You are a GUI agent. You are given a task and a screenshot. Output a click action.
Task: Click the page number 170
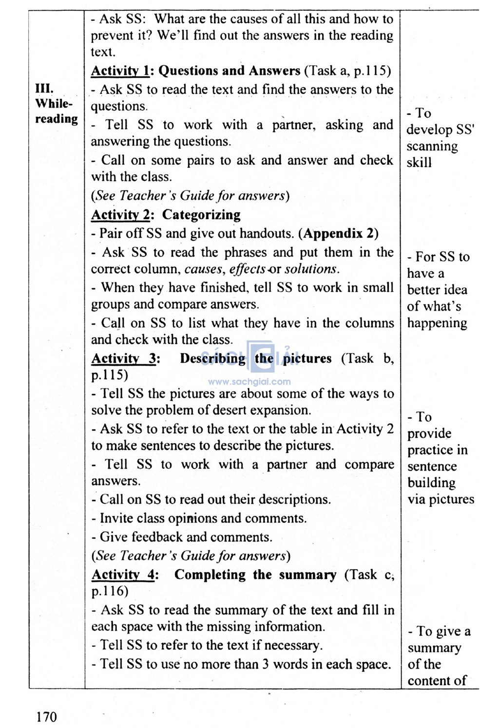pyautogui.click(x=46, y=716)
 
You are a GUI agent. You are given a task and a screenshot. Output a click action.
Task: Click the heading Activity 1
pyautogui.click(x=120, y=71)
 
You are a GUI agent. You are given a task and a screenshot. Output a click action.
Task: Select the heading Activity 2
pyautogui.click(x=120, y=215)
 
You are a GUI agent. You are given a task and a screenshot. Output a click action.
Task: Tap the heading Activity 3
pyautogui.click(x=124, y=358)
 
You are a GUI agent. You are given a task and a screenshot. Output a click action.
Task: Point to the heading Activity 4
pyautogui.click(x=123, y=575)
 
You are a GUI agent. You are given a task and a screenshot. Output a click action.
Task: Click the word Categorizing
pyautogui.click(x=201, y=215)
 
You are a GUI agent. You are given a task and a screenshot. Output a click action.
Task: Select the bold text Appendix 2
pyautogui.click(x=339, y=233)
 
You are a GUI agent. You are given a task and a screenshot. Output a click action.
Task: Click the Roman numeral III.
pyautogui.click(x=44, y=89)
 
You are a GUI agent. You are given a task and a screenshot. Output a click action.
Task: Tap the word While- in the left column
pyautogui.click(x=54, y=104)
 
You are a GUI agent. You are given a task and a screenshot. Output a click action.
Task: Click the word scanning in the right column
pyautogui.click(x=432, y=146)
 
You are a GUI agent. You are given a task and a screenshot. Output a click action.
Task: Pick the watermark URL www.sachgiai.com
pyautogui.click(x=249, y=382)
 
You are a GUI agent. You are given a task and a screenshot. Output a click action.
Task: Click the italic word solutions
pyautogui.click(x=311, y=269)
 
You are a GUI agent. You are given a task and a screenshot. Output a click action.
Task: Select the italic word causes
pyautogui.click(x=203, y=269)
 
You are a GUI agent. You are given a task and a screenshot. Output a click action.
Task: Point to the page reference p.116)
pyautogui.click(x=110, y=591)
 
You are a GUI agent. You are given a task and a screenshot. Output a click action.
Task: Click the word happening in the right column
pyautogui.click(x=437, y=323)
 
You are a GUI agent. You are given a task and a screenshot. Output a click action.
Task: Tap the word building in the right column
pyautogui.click(x=432, y=483)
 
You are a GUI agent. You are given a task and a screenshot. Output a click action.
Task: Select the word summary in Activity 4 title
pyautogui.click(x=307, y=575)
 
